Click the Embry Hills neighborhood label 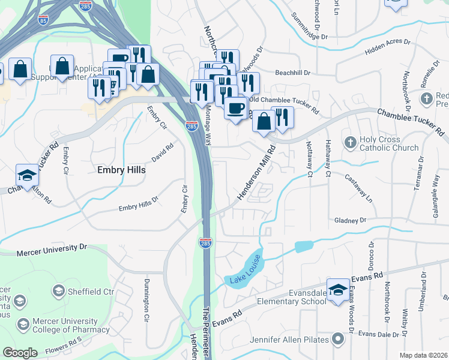(121, 170)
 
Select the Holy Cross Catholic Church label (389, 144)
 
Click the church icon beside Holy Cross (351, 143)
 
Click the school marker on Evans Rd (338, 290)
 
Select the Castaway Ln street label (359, 187)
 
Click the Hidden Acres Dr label (387, 48)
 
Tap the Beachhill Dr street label (292, 73)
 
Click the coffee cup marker (235, 109)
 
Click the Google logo (20, 353)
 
